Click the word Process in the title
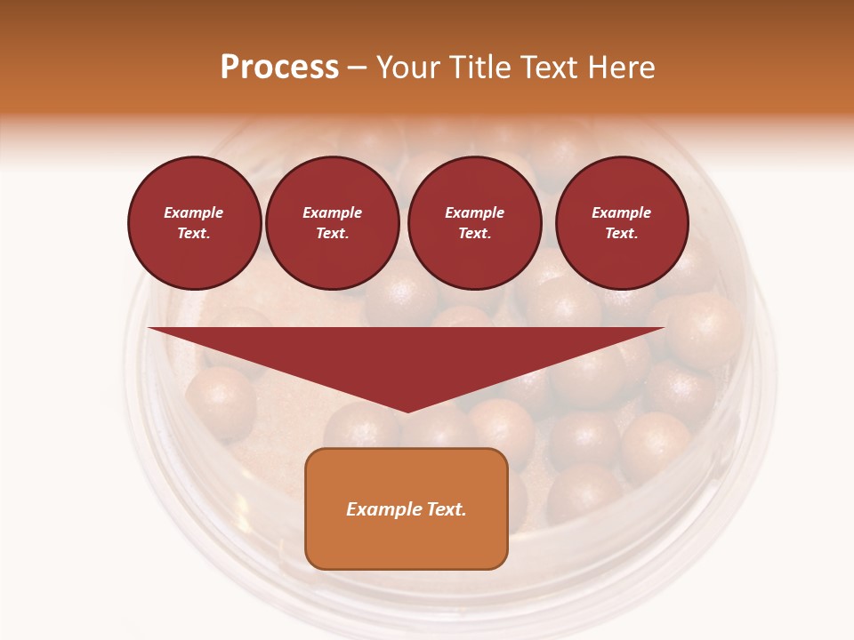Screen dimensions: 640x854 click(279, 68)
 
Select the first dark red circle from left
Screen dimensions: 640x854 click(195, 223)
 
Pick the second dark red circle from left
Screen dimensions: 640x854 click(333, 223)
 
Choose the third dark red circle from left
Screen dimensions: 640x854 click(474, 223)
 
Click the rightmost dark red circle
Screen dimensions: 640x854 click(622, 223)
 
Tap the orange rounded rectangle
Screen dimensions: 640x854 click(407, 508)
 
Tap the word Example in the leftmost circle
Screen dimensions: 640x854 click(194, 213)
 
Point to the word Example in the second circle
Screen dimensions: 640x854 click(332, 213)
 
